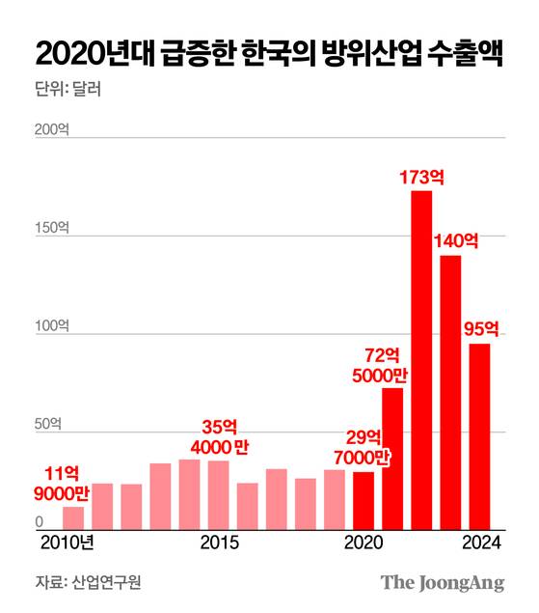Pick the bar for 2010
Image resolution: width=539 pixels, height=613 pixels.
click(x=73, y=517)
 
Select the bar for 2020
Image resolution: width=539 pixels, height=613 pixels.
click(x=364, y=501)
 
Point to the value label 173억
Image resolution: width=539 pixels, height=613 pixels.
click(x=421, y=177)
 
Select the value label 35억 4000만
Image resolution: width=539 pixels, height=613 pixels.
click(x=219, y=436)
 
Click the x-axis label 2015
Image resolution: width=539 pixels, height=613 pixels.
click(x=219, y=543)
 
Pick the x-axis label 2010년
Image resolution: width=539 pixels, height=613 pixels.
click(x=67, y=543)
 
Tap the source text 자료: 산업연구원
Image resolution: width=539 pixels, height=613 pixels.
click(x=80, y=583)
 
